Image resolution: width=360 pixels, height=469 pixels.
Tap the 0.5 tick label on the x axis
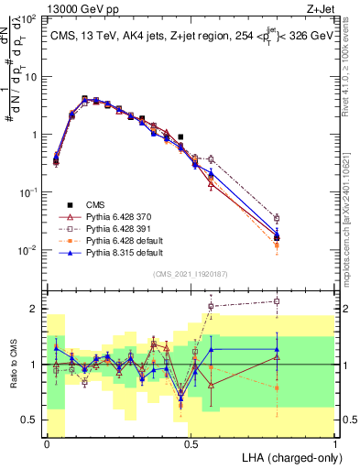coord(191,444)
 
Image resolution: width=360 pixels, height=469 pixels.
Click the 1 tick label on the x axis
coord(335,444)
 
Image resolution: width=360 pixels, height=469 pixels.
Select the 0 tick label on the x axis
coord(47,444)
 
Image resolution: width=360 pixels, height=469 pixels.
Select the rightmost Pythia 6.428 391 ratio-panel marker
coord(277,300)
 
